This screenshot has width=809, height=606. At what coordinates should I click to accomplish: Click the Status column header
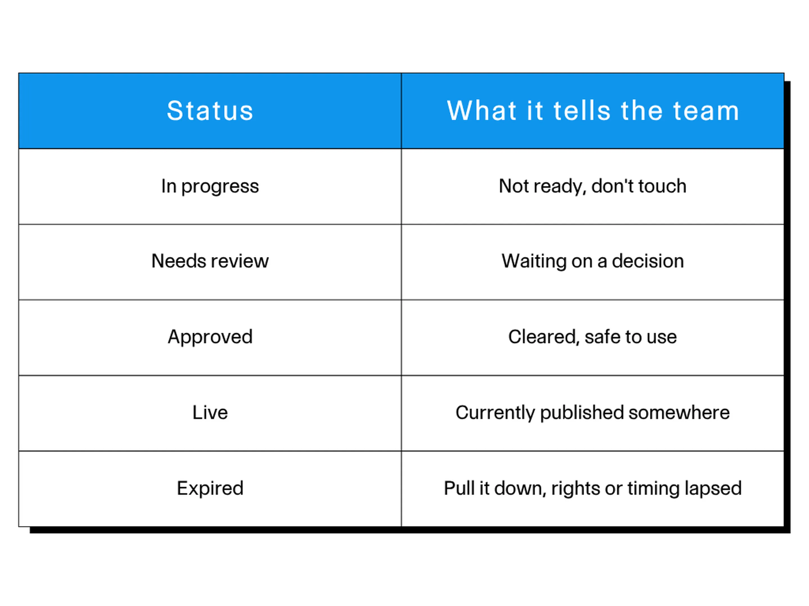tap(210, 111)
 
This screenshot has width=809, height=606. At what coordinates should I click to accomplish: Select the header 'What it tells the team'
tap(592, 111)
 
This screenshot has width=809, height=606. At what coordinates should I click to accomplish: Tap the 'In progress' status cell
tap(210, 186)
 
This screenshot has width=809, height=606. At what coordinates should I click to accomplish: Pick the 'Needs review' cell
tap(210, 262)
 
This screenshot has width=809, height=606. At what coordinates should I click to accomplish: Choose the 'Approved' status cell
tap(210, 338)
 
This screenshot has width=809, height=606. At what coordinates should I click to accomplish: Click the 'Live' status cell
tap(210, 413)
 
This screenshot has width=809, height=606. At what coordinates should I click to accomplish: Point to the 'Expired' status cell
tap(210, 489)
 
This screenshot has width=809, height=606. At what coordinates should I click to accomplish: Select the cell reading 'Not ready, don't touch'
tap(592, 186)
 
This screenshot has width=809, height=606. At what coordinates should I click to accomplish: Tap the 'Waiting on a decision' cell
tap(592, 262)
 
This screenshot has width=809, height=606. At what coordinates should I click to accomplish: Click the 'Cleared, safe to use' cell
tap(592, 338)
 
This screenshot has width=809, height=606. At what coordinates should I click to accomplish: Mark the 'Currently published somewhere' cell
tap(592, 413)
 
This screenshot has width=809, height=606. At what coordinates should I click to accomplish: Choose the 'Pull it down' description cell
tap(592, 489)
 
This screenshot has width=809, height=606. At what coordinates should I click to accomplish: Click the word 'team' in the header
tap(706, 111)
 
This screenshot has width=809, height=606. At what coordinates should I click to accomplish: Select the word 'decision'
tap(648, 261)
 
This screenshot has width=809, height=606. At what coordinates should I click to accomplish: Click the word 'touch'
tap(662, 186)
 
